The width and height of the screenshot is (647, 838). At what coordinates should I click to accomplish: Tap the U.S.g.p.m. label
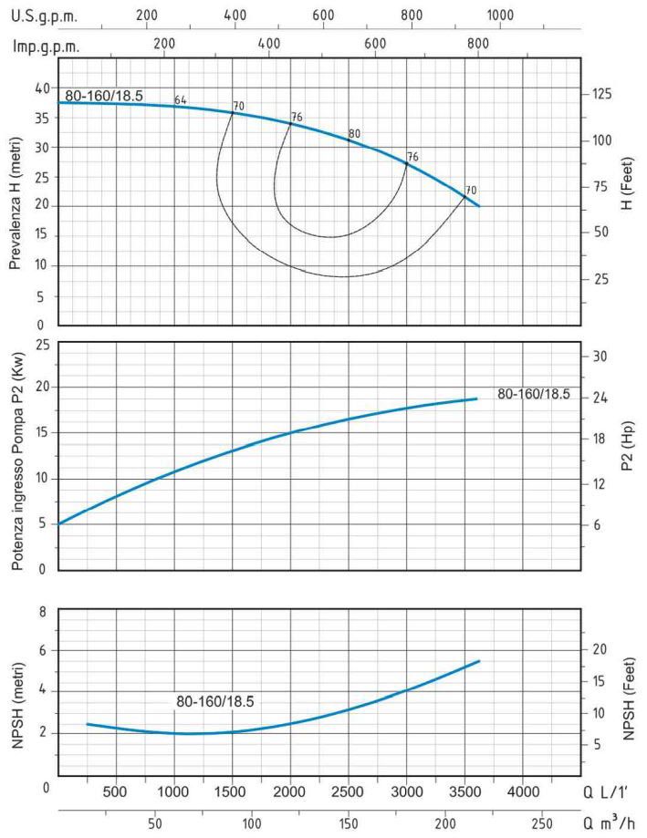click(44, 16)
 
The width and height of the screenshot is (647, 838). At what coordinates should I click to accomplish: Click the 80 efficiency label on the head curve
click(354, 134)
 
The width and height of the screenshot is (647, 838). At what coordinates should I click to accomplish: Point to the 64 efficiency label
click(180, 100)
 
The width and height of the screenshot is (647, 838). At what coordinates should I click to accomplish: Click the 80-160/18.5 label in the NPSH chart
click(214, 701)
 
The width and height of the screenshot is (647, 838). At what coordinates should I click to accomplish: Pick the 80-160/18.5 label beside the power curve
click(533, 394)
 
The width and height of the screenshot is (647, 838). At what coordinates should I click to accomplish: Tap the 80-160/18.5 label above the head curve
click(103, 96)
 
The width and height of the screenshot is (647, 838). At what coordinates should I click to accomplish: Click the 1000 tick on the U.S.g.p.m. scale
click(498, 16)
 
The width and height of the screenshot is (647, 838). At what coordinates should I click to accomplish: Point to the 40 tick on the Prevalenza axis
click(40, 88)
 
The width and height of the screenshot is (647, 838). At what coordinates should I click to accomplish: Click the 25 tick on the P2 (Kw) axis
click(40, 343)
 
